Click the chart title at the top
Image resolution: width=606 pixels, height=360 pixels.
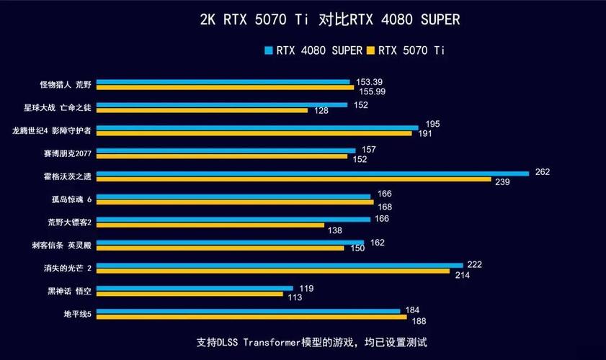coord(329,20)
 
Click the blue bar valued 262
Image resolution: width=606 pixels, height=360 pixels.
coord(313,174)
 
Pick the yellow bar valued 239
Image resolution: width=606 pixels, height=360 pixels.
coord(293,179)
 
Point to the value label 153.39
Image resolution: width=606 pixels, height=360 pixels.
coord(368,82)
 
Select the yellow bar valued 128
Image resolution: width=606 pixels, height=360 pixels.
coord(202,110)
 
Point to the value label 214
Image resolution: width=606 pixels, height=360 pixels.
coord(463,275)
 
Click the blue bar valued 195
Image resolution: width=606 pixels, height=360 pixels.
coord(257,127)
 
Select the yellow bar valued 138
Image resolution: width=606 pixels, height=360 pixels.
coord(210,225)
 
